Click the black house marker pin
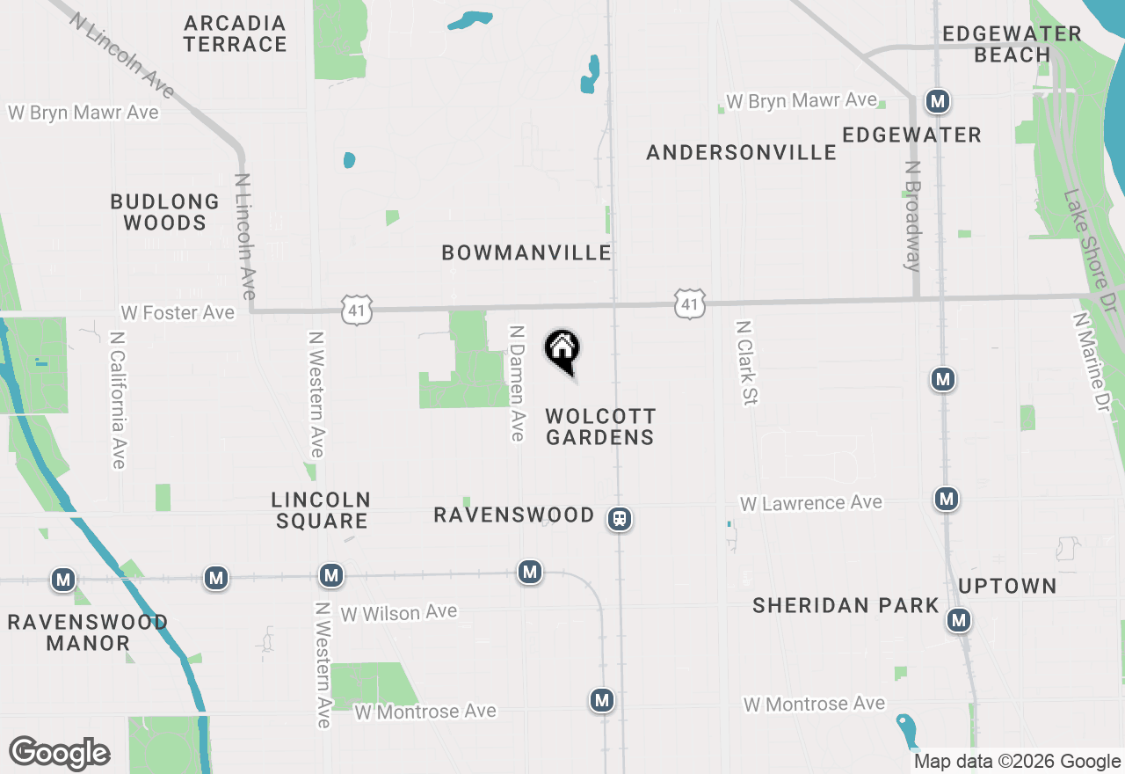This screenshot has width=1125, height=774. (x=562, y=351)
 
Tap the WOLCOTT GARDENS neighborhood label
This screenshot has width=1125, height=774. (x=600, y=427)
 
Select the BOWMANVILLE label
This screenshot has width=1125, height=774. (x=526, y=253)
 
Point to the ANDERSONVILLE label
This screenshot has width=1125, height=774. (x=742, y=153)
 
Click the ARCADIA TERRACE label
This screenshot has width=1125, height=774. (x=236, y=33)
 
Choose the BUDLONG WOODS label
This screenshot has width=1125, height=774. (x=164, y=212)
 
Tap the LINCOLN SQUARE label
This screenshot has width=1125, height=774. (x=320, y=510)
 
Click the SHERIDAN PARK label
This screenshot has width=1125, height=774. (x=846, y=605)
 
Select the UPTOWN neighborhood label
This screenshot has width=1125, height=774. (x=1007, y=587)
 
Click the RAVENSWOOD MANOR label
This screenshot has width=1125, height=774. (x=88, y=633)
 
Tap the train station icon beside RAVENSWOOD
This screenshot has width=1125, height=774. (x=620, y=520)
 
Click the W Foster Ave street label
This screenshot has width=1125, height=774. (x=178, y=313)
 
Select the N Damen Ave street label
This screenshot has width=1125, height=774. (x=517, y=383)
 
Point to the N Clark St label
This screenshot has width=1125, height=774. (x=746, y=362)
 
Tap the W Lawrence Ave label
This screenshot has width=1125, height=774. (x=810, y=503)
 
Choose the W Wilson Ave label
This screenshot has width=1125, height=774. (x=399, y=612)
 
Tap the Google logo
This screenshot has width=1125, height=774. (x=59, y=754)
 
